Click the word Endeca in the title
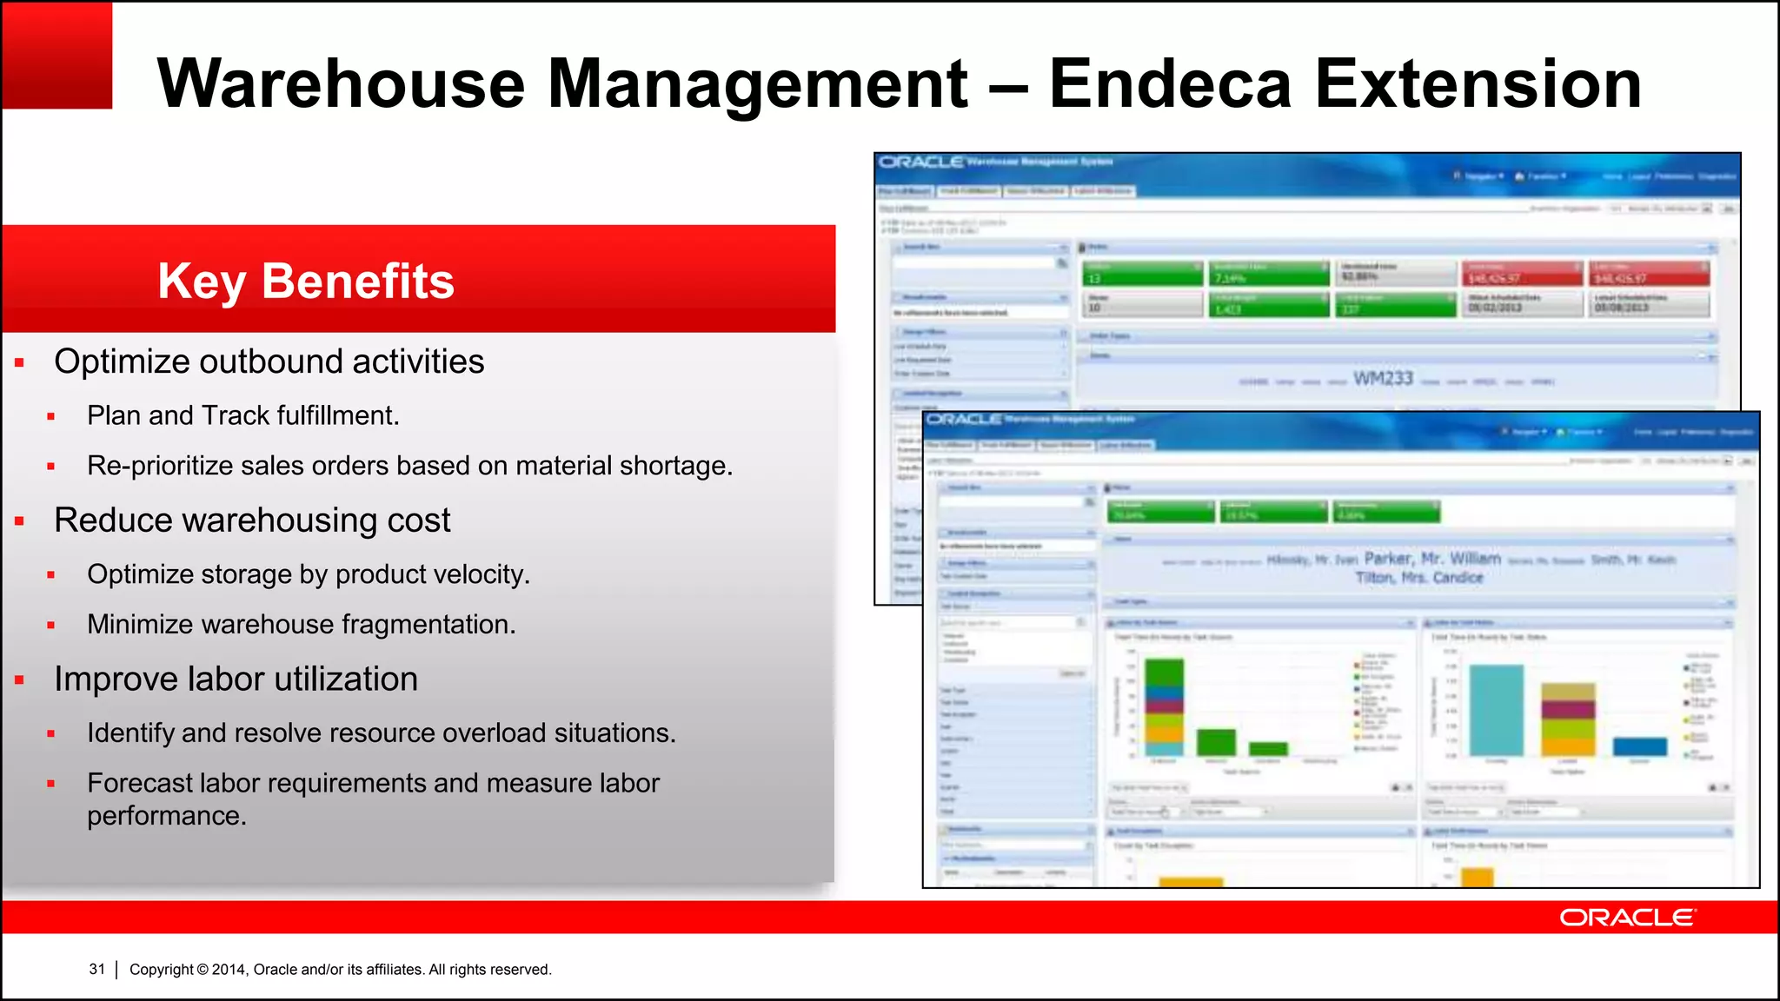1170,83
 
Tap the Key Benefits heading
306,281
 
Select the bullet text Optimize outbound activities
269,361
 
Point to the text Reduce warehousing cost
252,520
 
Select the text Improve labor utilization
236,679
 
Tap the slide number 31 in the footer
96,969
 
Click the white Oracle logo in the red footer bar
1626,918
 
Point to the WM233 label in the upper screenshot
1383,379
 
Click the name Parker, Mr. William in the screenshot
1432,558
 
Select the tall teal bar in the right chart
1496,711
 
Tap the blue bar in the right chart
1639,746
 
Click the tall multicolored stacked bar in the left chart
1164,707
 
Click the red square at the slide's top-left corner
56,55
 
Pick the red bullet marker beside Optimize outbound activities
19,362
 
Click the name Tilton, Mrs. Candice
1418,578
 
